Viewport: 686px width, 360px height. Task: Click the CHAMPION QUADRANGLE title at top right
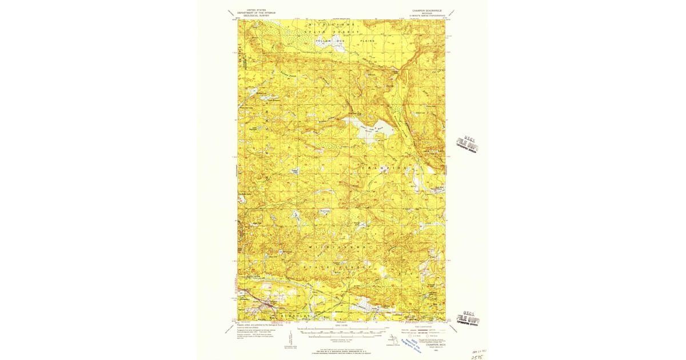coord(425,10)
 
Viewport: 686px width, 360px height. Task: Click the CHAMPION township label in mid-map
coord(386,167)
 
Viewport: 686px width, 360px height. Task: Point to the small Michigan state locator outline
coord(393,341)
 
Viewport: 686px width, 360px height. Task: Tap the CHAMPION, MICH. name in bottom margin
coord(425,347)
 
